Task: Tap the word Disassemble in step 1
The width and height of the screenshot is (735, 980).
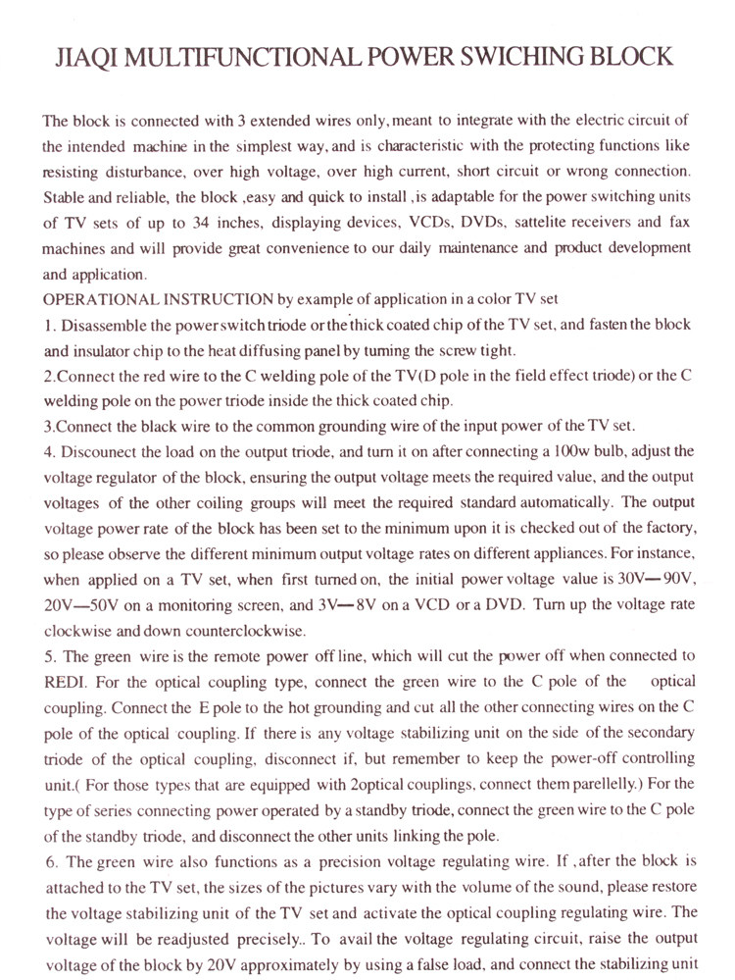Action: [x=109, y=325]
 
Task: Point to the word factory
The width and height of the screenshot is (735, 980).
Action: [x=667, y=529]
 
